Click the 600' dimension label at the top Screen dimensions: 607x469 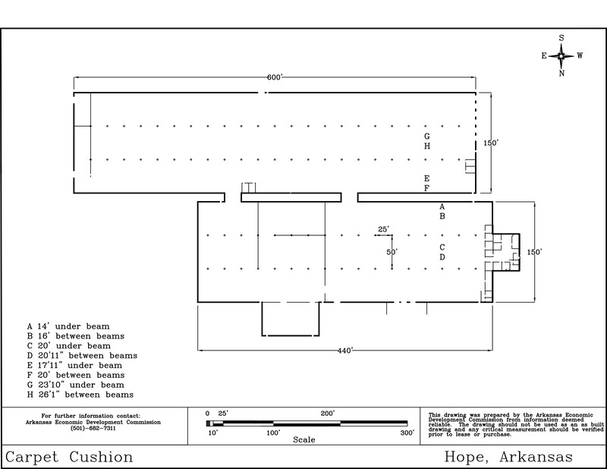pos(275,77)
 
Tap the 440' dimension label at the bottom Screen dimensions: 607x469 pos(344,351)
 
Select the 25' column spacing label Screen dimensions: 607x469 pos(383,229)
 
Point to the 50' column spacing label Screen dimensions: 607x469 pos(392,252)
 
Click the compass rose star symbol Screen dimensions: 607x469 pos(561,55)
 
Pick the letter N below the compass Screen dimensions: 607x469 pos(561,73)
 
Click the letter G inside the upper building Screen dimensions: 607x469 pos(426,137)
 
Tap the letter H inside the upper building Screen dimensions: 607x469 pos(426,146)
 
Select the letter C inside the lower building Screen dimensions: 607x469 pos(442,247)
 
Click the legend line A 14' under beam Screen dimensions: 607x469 pos(68,326)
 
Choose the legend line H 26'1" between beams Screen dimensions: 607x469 pos(80,395)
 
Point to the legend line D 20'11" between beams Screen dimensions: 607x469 pos(82,355)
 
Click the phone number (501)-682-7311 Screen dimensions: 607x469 pos(93,428)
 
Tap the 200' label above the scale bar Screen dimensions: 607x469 pos(328,414)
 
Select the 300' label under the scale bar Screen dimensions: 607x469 pos(407,433)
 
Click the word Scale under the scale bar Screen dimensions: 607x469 pos(304,439)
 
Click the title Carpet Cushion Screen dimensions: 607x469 pos(69,457)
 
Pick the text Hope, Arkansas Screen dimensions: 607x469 pos(508,457)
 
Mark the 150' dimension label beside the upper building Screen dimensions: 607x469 pos(491,143)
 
